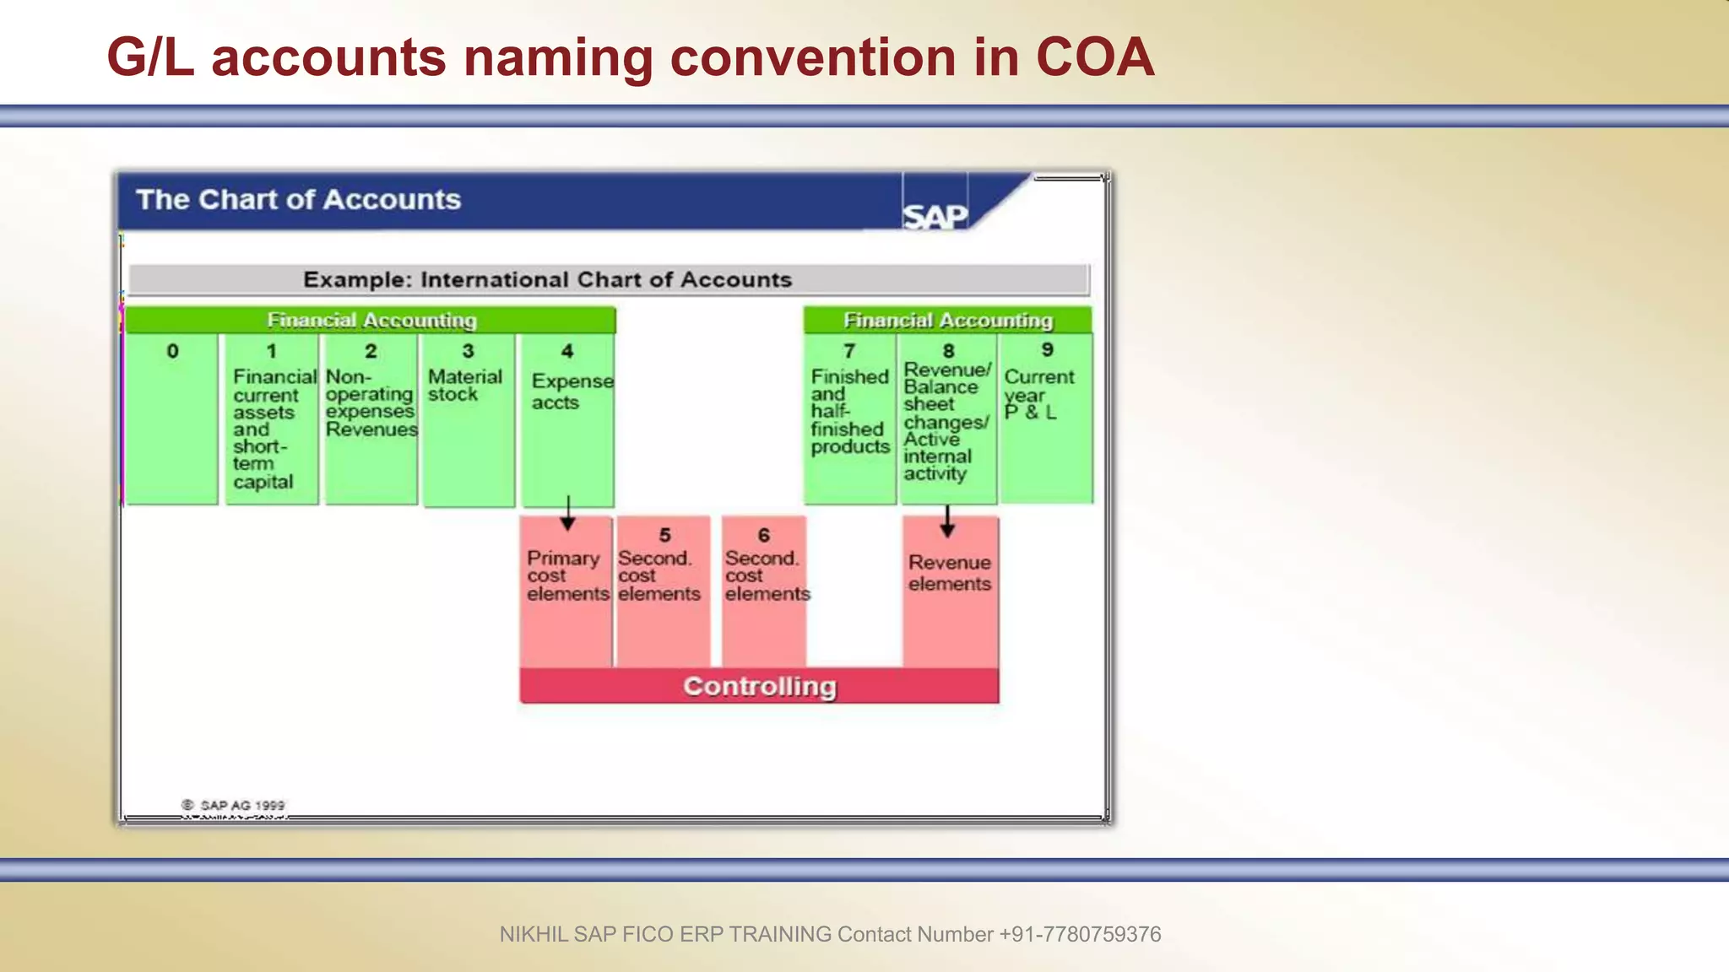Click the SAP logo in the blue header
click(935, 216)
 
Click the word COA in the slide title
click(1094, 57)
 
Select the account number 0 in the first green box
click(172, 351)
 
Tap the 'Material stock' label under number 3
click(464, 386)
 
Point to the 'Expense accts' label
click(572, 391)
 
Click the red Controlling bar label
click(759, 686)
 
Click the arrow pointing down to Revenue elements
click(947, 521)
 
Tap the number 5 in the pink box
click(664, 535)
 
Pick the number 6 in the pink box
click(763, 535)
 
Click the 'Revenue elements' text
click(949, 573)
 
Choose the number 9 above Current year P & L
click(1047, 349)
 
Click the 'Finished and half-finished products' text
click(849, 412)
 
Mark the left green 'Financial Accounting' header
click(371, 321)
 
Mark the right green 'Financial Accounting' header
click(947, 321)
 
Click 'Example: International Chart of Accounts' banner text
click(547, 279)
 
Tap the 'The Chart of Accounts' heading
click(298, 200)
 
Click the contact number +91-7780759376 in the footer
click(1080, 934)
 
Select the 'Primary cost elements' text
click(567, 575)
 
